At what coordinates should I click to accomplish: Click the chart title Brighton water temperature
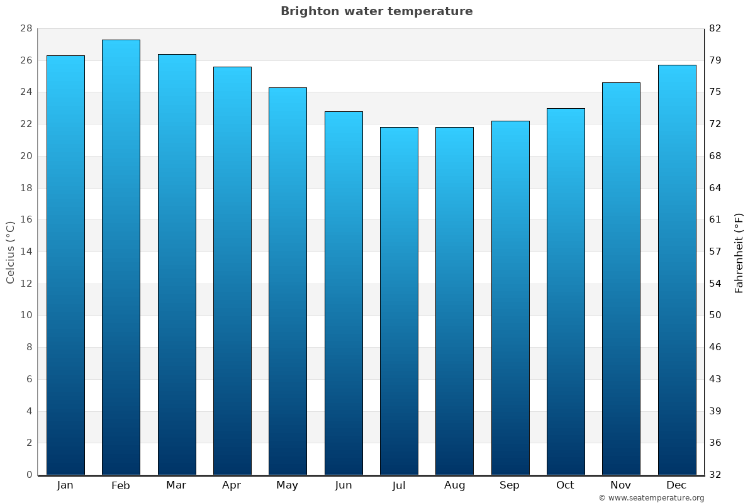click(376, 11)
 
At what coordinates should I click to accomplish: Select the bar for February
click(121, 258)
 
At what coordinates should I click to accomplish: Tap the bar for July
click(399, 302)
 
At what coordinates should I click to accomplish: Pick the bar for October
click(566, 292)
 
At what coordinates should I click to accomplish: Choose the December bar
click(677, 270)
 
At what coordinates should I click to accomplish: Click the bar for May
click(288, 282)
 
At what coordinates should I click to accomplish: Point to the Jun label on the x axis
click(344, 485)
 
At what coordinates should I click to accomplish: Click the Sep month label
click(510, 485)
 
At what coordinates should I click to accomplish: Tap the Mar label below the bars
click(176, 485)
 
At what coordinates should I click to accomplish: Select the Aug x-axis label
click(454, 485)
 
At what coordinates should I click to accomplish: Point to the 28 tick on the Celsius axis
click(26, 28)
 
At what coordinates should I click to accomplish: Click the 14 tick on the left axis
click(26, 251)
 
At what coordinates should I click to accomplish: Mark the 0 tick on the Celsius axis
click(29, 475)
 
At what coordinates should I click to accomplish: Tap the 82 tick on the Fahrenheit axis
click(715, 28)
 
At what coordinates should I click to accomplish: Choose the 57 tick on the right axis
click(715, 251)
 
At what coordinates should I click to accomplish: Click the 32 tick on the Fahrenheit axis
click(715, 475)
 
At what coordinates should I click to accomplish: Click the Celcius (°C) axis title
click(10, 252)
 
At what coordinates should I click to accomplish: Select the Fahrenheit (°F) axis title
click(739, 252)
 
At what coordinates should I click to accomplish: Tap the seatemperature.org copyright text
click(651, 498)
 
